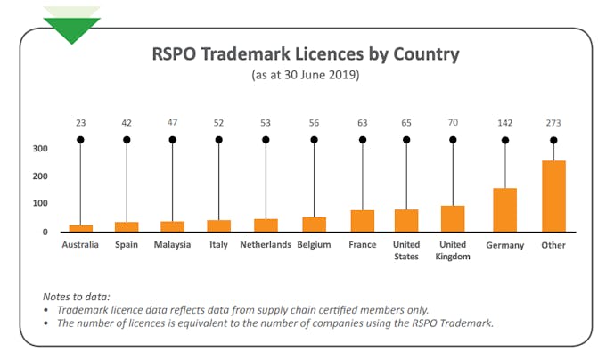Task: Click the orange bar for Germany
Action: [x=504, y=210]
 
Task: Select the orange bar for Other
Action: [x=553, y=196]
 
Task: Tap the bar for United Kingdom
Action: [x=453, y=219]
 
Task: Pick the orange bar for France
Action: [x=362, y=221]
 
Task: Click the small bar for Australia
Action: [x=80, y=228]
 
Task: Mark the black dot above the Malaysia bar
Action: [x=172, y=140]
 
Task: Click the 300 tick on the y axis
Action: [x=40, y=148]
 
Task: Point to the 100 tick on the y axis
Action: [x=40, y=204]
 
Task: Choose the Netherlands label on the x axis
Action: [x=266, y=245]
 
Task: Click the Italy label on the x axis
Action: [x=218, y=245]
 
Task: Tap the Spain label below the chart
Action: [x=127, y=245]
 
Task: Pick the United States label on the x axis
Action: [x=406, y=250]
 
